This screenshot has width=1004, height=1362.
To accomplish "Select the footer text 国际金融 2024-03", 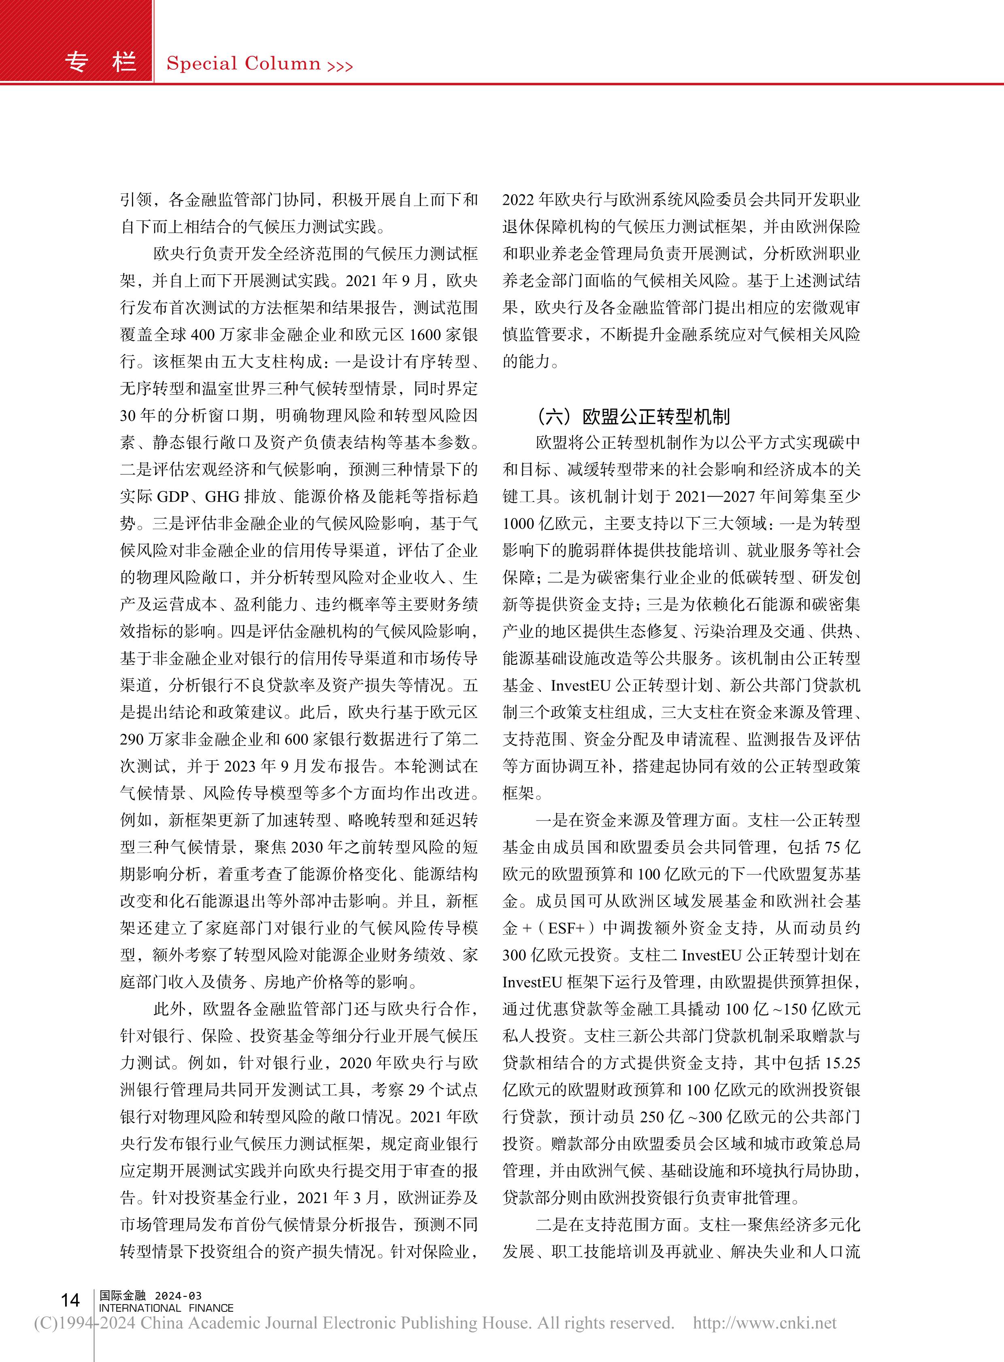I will click(150, 1295).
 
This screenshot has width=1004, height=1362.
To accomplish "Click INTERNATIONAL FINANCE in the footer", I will click(166, 1308).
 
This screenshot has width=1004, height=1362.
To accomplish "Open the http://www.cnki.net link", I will click(765, 1324).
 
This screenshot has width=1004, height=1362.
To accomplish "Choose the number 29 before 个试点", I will click(417, 1090).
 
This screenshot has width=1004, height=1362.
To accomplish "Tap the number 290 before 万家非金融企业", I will click(132, 739).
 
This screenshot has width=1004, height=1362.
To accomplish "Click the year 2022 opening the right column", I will click(517, 200).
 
